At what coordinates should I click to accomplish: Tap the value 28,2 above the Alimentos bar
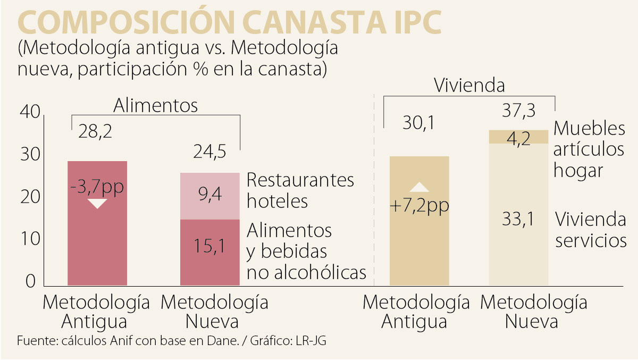[x=96, y=131]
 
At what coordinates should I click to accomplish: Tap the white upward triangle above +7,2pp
[x=419, y=187]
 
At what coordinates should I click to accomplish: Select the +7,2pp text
[x=419, y=206]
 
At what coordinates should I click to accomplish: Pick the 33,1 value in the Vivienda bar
[x=518, y=219]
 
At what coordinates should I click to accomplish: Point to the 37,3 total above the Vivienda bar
[x=518, y=112]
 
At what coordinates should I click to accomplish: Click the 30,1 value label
[x=419, y=124]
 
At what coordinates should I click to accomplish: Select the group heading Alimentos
[x=155, y=106]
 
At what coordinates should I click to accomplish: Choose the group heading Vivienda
[x=469, y=86]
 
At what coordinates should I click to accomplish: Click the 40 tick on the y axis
[x=29, y=113]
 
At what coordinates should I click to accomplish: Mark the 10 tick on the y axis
[x=29, y=239]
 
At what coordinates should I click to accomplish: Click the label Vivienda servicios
[x=590, y=229]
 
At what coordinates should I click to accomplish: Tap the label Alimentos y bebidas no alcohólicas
[x=306, y=251]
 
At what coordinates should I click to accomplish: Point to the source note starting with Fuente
[x=171, y=341]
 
